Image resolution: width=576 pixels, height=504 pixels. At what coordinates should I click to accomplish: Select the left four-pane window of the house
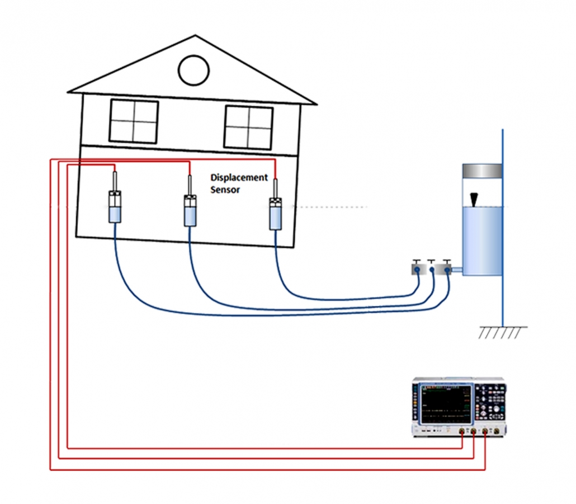pos(134,120)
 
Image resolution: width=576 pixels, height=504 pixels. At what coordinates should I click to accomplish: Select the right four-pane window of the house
pos(248,127)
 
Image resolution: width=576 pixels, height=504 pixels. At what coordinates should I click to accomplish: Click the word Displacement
pos(239,177)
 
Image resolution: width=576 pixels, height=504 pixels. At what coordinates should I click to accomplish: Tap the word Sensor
pos(225,190)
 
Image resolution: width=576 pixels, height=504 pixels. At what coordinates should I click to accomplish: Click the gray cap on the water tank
pos(481,170)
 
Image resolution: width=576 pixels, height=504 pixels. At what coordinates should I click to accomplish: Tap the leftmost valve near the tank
pos(417,269)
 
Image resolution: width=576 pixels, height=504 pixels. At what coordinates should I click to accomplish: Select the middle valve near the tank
pos(432,269)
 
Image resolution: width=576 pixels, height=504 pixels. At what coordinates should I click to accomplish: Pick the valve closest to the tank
pos(446,269)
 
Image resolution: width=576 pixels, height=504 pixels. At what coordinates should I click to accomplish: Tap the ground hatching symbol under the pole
pos(502,332)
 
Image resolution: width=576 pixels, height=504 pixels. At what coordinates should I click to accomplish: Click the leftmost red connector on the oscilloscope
pos(463,432)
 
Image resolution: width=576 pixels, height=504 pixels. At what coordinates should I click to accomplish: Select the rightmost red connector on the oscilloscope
pos(484,432)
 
